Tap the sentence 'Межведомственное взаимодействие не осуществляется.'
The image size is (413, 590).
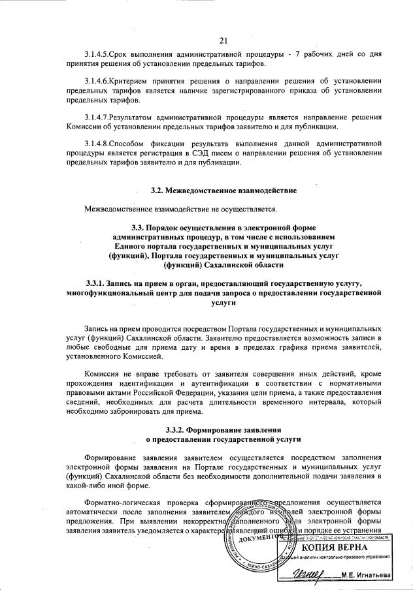coord(181,209)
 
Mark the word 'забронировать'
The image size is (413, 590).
coord(148,411)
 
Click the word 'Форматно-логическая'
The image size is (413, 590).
coord(120,503)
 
